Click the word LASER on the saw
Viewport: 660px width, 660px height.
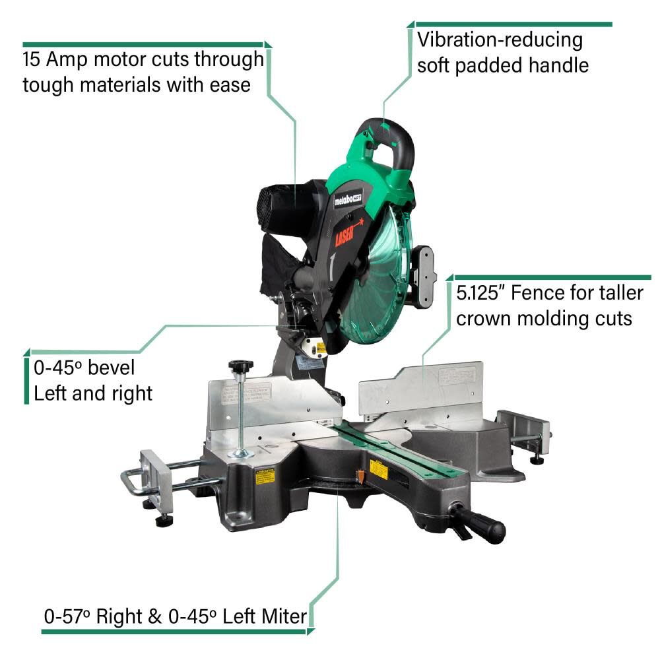point(348,233)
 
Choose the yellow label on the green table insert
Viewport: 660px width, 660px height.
point(379,468)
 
